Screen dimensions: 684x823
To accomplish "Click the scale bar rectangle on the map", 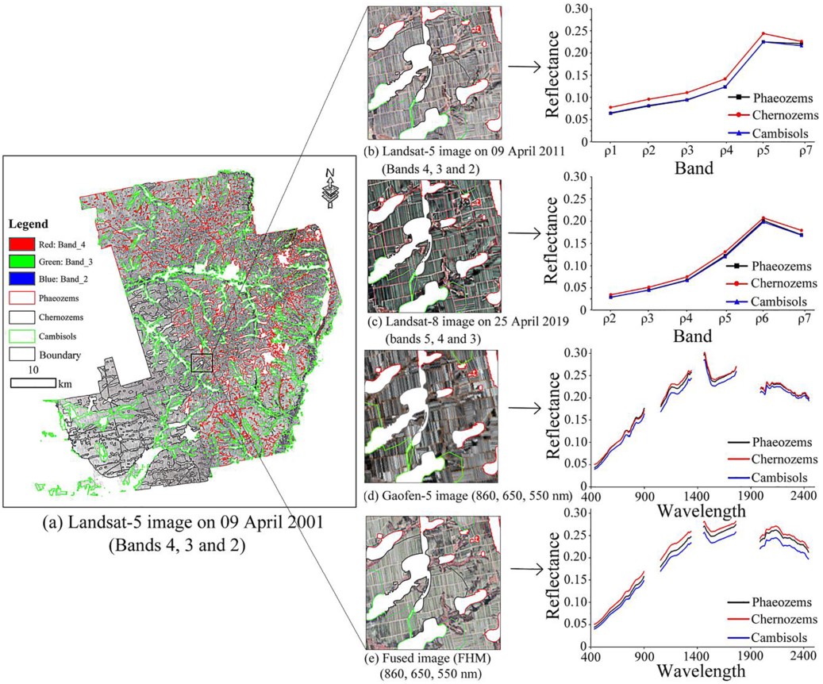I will click(33, 382).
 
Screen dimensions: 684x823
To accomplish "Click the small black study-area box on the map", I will click(203, 362).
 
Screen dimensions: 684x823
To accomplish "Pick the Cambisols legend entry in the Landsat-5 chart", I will click(764, 133).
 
